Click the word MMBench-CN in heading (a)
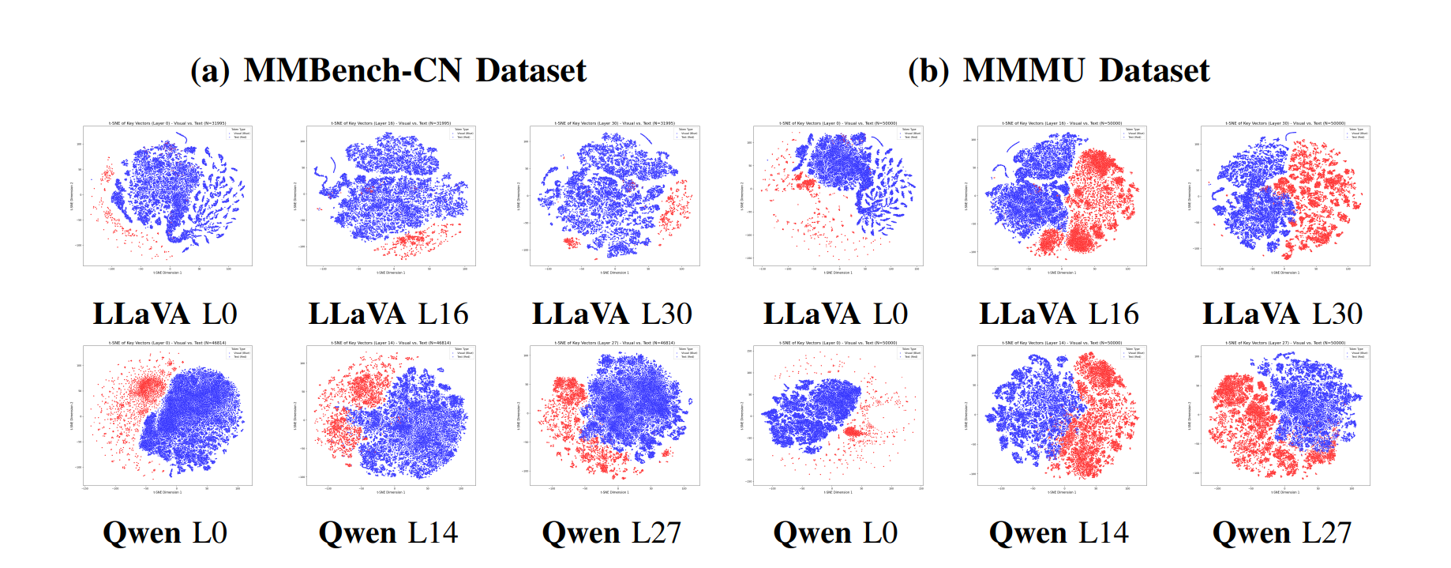[352, 71]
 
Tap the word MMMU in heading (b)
[1024, 71]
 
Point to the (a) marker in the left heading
[210, 71]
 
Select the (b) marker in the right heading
[928, 71]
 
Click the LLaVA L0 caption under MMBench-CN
[165, 314]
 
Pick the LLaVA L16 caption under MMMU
[1059, 314]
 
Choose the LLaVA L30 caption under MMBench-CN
[612, 314]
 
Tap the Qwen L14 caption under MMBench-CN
[388, 533]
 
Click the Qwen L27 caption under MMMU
[1282, 533]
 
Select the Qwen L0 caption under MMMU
[835, 533]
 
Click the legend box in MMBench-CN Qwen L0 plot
[238, 352]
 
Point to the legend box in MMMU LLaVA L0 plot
[909, 133]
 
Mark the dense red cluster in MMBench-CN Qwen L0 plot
[147, 387]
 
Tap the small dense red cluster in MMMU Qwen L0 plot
[853, 432]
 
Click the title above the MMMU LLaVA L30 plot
[1284, 123]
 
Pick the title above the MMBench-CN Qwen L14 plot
[391, 343]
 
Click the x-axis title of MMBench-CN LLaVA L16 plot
[391, 273]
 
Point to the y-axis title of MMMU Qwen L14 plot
[966, 415]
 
